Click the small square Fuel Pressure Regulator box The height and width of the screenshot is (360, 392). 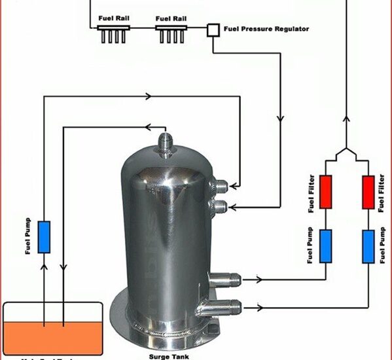point(213,29)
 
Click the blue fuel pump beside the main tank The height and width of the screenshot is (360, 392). point(44,237)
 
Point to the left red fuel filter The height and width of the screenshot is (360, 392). point(326,192)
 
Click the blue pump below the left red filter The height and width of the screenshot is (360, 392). point(326,245)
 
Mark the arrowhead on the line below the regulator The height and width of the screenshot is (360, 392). point(281,120)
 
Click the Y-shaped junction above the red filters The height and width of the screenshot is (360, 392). point(347,154)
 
